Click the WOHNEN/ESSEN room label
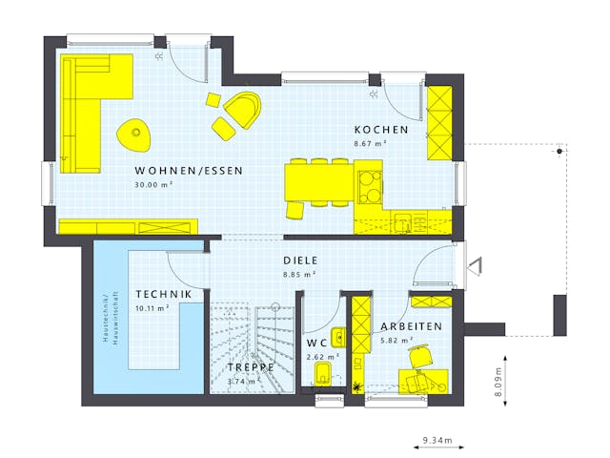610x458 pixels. [189, 172]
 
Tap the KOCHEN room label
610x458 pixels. [381, 130]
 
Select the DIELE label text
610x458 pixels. [300, 260]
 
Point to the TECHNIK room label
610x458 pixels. [163, 294]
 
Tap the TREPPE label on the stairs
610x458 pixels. [251, 367]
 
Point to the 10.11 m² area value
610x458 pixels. [152, 308]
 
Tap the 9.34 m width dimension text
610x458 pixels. [437, 441]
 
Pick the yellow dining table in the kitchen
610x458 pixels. [319, 181]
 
